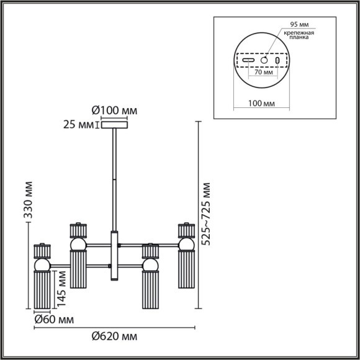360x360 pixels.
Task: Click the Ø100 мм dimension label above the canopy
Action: click(x=114, y=111)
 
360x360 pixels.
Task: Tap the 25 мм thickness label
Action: click(x=77, y=125)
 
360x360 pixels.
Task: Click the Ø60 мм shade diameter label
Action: click(x=53, y=320)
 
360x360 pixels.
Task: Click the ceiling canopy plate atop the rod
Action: click(x=114, y=126)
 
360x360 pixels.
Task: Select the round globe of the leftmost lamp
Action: click(x=42, y=265)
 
